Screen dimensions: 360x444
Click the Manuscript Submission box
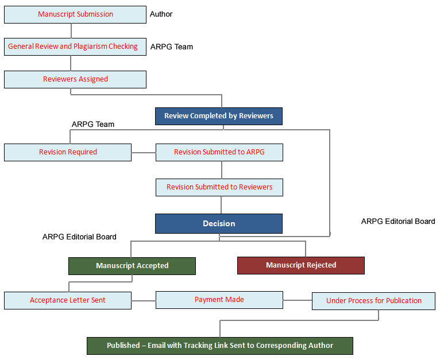tap(75, 14)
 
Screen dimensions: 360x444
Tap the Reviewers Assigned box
tap(75, 79)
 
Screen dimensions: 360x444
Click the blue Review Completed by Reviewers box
tap(219, 116)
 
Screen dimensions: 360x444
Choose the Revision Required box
tap(68, 152)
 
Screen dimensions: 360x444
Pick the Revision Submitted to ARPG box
tap(219, 152)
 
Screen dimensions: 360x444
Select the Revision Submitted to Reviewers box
tap(219, 187)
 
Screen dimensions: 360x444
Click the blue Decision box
tap(219, 223)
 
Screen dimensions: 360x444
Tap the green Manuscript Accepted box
tap(132, 266)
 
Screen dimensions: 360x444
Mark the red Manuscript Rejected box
tap(300, 265)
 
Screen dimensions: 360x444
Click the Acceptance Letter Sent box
tap(68, 300)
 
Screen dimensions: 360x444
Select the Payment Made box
tap(219, 300)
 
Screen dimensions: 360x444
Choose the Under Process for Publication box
tap(373, 301)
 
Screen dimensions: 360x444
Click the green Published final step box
tap(219, 346)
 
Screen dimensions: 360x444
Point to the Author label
tap(161, 14)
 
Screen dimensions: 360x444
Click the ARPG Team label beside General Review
tap(172, 47)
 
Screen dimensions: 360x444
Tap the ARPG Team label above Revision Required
tap(93, 124)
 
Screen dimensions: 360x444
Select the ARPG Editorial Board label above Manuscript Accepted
tap(79, 237)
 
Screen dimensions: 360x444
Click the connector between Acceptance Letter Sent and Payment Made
tap(144, 300)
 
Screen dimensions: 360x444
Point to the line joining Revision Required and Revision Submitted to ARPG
tap(144, 153)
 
